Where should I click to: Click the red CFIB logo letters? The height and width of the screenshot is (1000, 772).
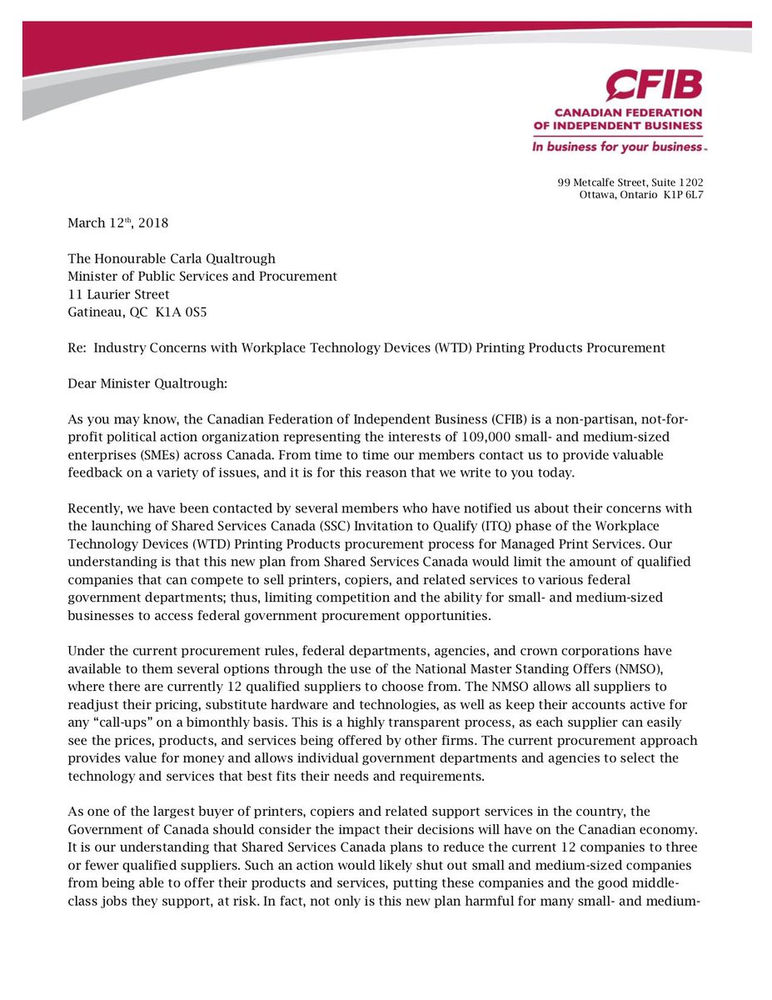(x=654, y=86)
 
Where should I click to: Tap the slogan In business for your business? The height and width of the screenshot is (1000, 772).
(x=620, y=146)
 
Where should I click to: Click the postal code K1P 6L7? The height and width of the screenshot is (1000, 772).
(x=682, y=196)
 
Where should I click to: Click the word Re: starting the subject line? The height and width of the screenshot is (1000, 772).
(x=77, y=347)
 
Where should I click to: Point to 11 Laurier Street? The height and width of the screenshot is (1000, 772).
(x=118, y=294)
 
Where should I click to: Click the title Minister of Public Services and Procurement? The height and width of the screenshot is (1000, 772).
(x=202, y=276)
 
